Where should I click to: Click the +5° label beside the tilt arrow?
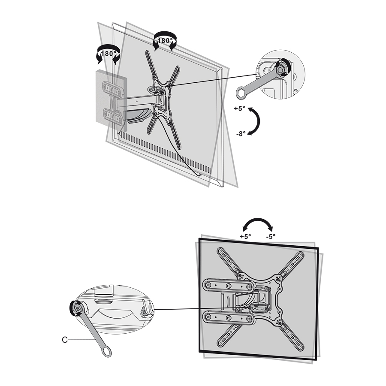[x=239, y=109]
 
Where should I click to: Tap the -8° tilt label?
[x=241, y=134]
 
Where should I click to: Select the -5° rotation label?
[x=271, y=237]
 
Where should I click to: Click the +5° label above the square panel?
[x=245, y=237]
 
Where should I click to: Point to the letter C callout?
[x=64, y=340]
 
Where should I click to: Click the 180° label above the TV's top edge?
[x=165, y=41]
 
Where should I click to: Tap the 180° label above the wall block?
[x=109, y=54]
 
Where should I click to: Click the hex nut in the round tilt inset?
[x=280, y=70]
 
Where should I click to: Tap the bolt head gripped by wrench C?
[x=77, y=308]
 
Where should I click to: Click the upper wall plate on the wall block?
[x=113, y=90]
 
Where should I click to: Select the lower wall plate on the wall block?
[x=113, y=116]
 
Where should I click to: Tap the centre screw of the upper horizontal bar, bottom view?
[x=229, y=286]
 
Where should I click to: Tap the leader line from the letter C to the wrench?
[x=81, y=340]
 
